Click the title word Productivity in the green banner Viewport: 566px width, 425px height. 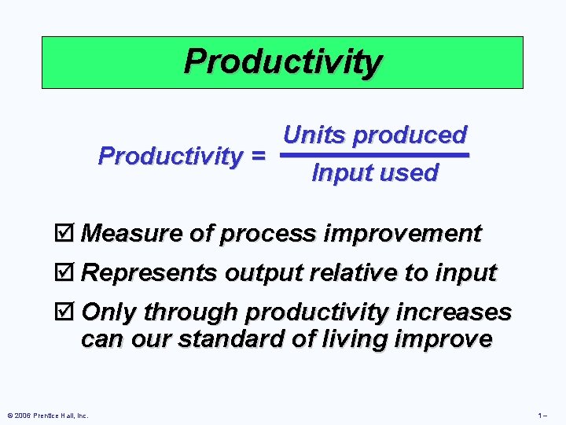click(282, 61)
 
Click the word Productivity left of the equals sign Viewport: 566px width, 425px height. click(169, 156)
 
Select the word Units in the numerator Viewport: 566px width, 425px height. click(314, 135)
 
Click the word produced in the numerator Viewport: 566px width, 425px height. click(409, 135)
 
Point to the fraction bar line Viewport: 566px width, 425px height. click(375, 155)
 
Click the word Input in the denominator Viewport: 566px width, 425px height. click(340, 173)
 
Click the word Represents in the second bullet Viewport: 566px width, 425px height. click(150, 273)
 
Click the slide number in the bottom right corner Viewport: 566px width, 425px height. click(542, 415)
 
